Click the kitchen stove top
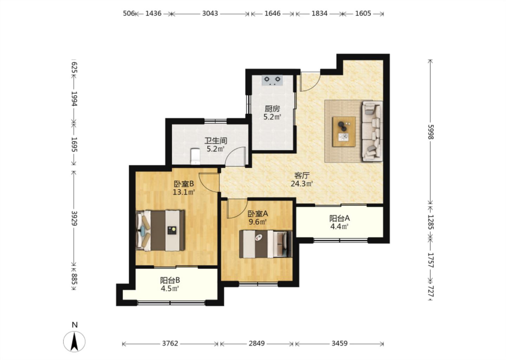tap(272, 80)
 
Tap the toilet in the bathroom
tap(195, 156)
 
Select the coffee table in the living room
tap(344, 131)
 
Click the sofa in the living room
tap(372, 131)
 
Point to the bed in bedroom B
tap(160, 231)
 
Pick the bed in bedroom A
tap(266, 244)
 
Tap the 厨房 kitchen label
tap(272, 109)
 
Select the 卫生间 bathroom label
tap(216, 141)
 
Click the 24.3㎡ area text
tap(301, 184)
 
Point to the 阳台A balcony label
tap(339, 218)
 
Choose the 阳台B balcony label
tap(170, 281)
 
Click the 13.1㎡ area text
tap(184, 192)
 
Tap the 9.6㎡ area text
tap(258, 222)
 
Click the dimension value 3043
tap(210, 14)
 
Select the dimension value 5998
tap(431, 132)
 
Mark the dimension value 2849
tap(257, 343)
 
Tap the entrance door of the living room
tap(310, 81)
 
